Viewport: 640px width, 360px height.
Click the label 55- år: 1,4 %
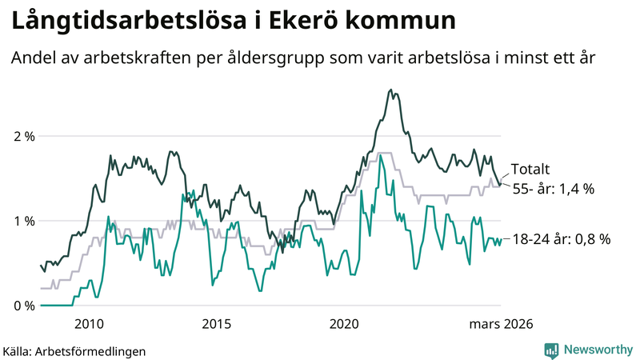point(552,190)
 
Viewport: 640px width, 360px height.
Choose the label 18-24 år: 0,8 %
point(561,238)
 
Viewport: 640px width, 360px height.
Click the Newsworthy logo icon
point(551,350)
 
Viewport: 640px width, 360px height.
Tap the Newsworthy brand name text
point(596,350)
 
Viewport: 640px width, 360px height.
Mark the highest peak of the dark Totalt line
point(390,90)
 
